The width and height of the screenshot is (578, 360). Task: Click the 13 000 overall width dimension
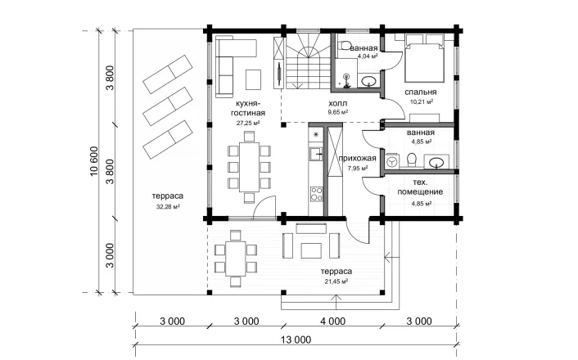[x=296, y=340]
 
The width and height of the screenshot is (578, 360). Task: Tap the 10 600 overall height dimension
[x=94, y=161]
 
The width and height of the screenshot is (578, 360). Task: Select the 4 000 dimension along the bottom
[x=333, y=322]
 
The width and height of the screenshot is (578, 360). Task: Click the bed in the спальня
[x=424, y=58]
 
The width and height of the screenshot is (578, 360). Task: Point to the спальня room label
[x=420, y=92]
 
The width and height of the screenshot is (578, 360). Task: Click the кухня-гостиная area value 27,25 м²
[x=248, y=123]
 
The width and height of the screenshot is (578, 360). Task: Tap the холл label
[x=337, y=104]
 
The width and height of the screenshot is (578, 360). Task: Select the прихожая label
[x=357, y=159]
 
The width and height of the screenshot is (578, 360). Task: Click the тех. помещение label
[x=420, y=187]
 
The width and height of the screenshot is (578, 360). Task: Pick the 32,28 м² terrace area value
[x=168, y=207]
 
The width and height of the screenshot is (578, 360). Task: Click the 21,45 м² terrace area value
[x=336, y=281]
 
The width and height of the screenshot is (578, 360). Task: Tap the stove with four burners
[x=316, y=194]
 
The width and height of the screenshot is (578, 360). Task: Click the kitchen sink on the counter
[x=316, y=154]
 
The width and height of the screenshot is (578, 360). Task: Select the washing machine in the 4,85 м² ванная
[x=392, y=161]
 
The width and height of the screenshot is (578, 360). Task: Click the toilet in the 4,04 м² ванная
[x=345, y=45]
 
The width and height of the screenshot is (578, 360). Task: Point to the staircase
[x=308, y=61]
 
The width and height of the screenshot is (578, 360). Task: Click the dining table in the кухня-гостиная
[x=249, y=167]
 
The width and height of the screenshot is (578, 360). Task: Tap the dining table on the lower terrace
[x=236, y=259]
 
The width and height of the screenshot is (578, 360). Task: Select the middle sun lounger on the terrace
[x=168, y=106]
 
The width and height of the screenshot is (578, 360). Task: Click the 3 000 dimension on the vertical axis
[x=110, y=255]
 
